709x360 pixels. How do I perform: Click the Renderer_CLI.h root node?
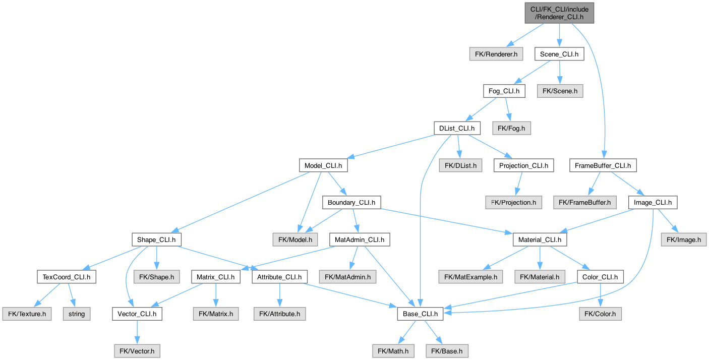pyautogui.click(x=559, y=13)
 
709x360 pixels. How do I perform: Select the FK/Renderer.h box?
pyautogui.click(x=496, y=53)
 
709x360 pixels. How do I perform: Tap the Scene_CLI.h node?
pyautogui.click(x=559, y=53)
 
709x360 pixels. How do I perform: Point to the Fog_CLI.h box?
pyautogui.click(x=504, y=91)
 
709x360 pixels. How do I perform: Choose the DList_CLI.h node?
pyautogui.click(x=457, y=128)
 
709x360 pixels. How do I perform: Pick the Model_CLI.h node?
pyautogui.click(x=323, y=165)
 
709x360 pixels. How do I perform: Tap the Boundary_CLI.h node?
pyautogui.click(x=351, y=202)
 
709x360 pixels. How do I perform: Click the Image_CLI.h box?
pyautogui.click(x=653, y=202)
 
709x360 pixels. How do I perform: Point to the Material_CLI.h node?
pyautogui.click(x=540, y=239)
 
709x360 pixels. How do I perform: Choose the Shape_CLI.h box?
pyautogui.click(x=156, y=239)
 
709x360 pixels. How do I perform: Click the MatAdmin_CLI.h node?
pyautogui.click(x=359, y=239)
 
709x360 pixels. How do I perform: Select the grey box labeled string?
pyautogui.click(x=77, y=314)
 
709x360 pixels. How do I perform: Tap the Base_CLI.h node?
pyautogui.click(x=420, y=314)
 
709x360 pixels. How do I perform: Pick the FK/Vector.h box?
pyautogui.click(x=136, y=350)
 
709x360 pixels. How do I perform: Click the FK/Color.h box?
pyautogui.click(x=599, y=314)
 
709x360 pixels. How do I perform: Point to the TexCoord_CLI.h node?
pyautogui.click(x=67, y=277)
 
